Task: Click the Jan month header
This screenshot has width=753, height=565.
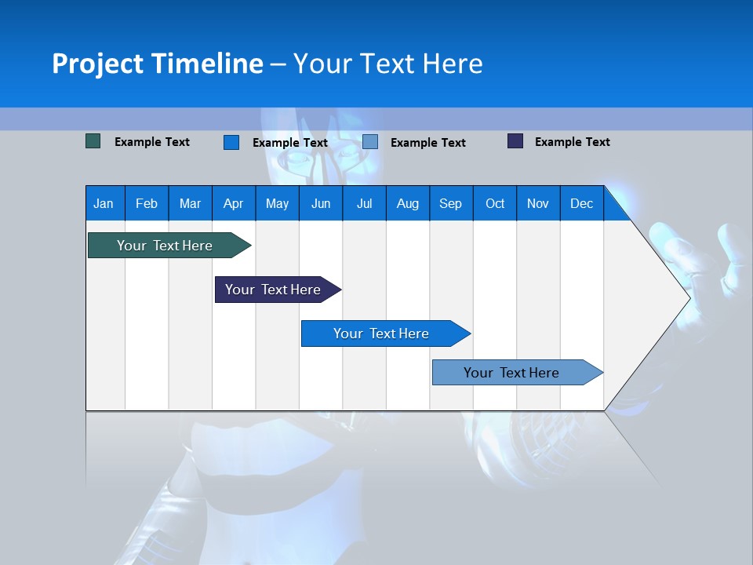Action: [x=104, y=203]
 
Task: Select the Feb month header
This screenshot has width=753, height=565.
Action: [x=147, y=203]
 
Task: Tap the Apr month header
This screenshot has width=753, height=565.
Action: [x=233, y=203]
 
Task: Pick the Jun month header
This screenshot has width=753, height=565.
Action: [x=321, y=203]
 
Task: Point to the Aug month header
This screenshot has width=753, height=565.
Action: [x=407, y=203]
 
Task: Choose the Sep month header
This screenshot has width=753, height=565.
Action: [x=450, y=203]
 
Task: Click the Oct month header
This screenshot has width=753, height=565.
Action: [x=495, y=203]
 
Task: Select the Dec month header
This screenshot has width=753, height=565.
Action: [x=581, y=203]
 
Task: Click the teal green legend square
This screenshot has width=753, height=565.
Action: [x=93, y=141]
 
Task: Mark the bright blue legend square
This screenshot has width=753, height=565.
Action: [x=231, y=142]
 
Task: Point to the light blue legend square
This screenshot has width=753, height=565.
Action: [x=370, y=142]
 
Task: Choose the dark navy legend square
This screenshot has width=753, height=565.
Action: [x=515, y=141]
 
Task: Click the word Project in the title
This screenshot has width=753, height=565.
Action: [x=98, y=64]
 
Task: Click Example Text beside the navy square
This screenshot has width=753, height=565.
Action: [x=572, y=142]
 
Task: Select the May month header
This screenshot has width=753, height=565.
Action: [x=277, y=203]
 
